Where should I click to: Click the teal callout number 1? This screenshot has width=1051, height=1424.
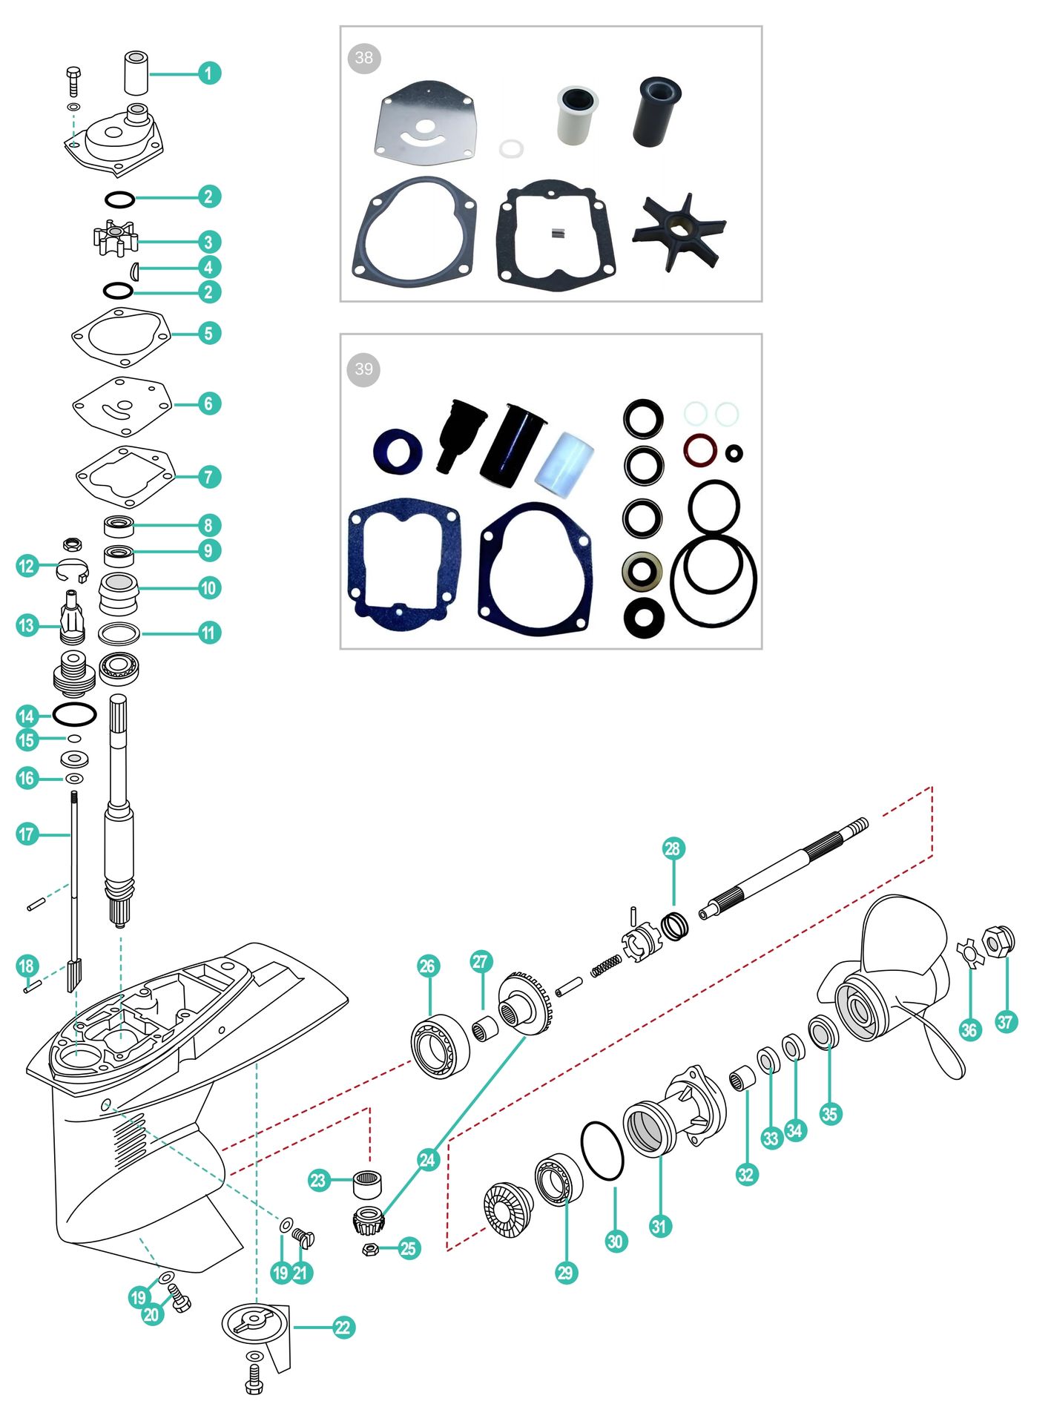[x=209, y=73]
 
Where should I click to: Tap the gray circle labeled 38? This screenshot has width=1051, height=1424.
[x=363, y=58]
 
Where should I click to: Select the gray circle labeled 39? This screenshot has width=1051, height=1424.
[x=363, y=369]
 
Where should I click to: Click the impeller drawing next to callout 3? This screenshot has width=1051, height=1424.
[x=116, y=239]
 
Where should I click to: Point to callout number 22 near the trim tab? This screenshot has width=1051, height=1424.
[x=343, y=1327]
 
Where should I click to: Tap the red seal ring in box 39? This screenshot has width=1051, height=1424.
[x=699, y=449]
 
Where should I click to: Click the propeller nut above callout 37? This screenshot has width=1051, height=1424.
[x=998, y=941]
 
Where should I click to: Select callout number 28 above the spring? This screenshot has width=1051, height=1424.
[x=673, y=848]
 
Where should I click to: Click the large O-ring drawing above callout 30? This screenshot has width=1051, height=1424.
[x=602, y=1150]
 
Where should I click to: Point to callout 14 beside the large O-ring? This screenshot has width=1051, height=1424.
[x=27, y=716]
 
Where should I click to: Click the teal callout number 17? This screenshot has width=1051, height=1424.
[x=27, y=834]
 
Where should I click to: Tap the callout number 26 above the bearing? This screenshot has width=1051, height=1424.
[x=427, y=966]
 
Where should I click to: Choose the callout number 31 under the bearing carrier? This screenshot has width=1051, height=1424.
[x=659, y=1226]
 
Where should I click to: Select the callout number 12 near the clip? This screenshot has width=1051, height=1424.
[x=27, y=566]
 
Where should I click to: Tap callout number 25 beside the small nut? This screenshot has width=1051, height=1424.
[x=408, y=1248]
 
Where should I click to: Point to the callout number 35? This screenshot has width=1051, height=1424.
[x=830, y=1113]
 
